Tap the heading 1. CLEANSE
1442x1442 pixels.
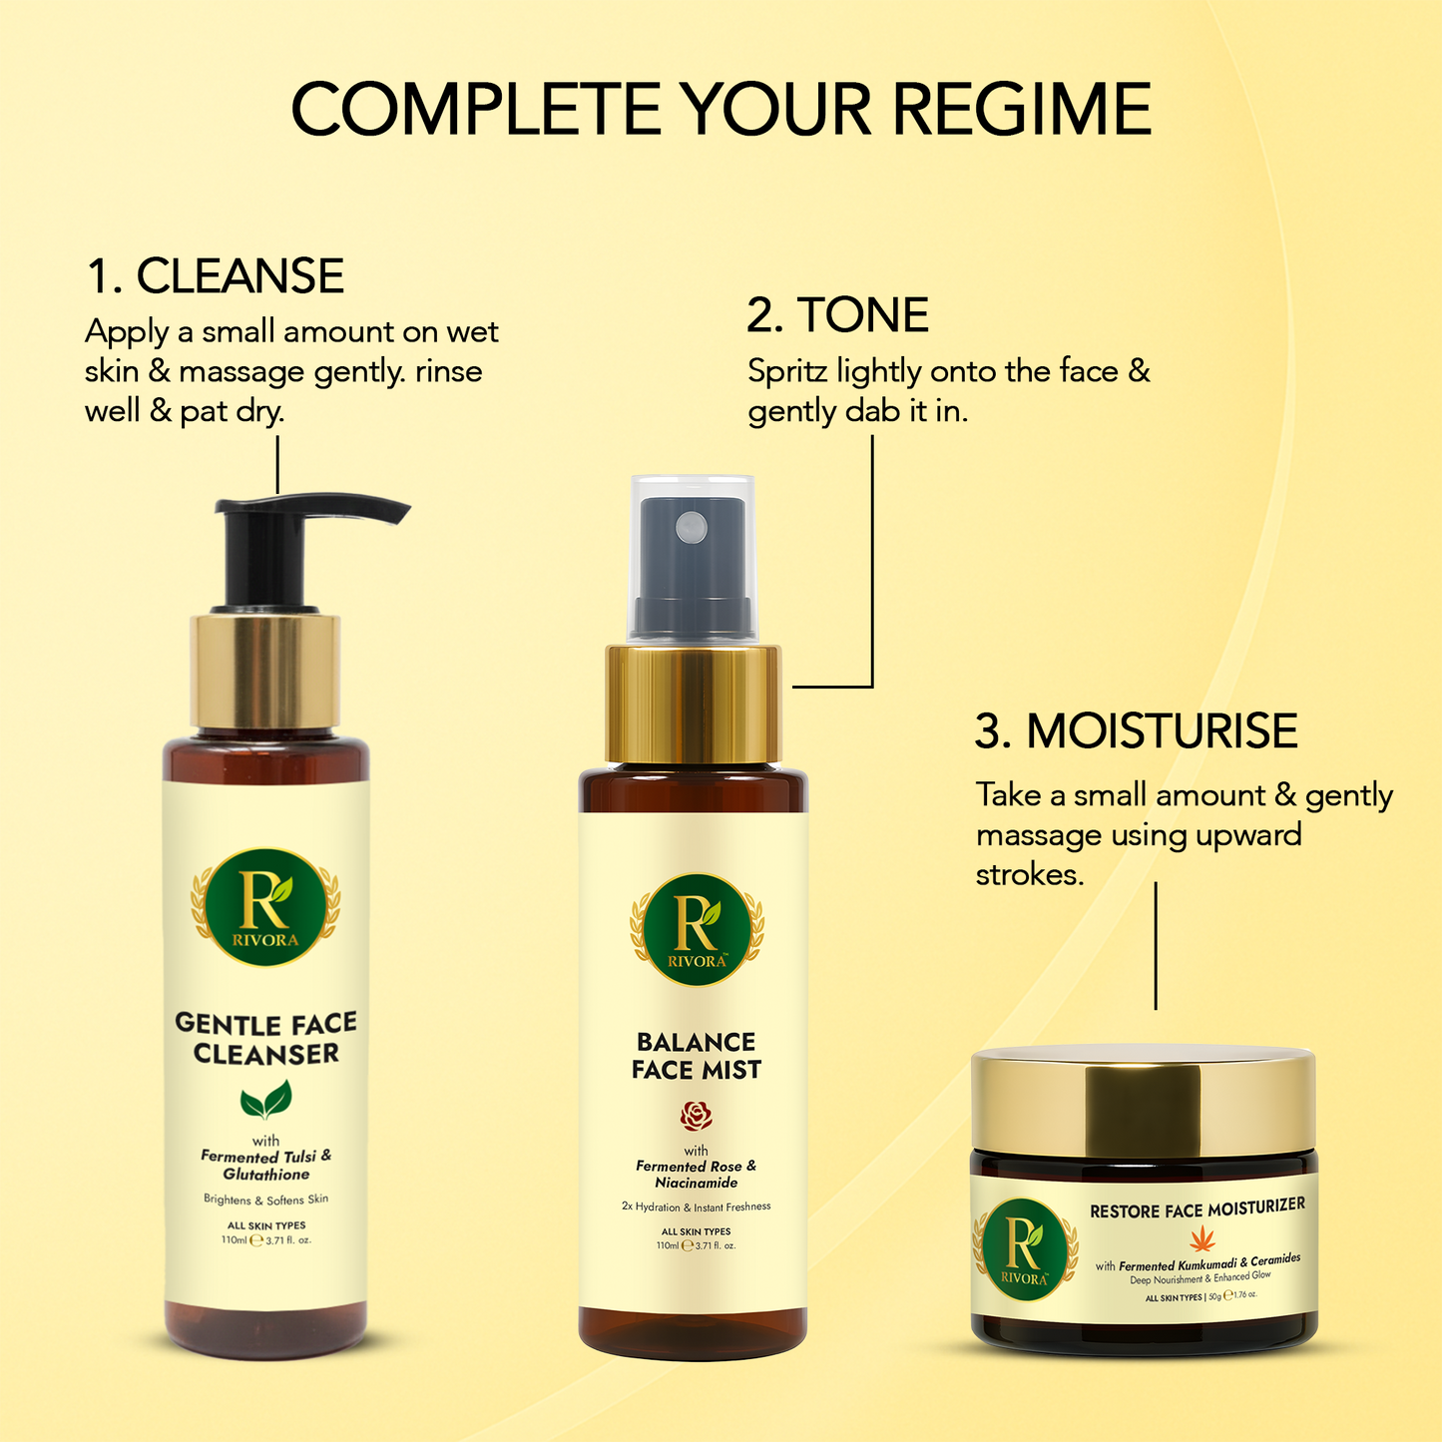pyautogui.click(x=215, y=276)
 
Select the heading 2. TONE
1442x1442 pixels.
pyautogui.click(x=837, y=315)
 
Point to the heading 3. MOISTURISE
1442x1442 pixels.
pyautogui.click(x=1136, y=731)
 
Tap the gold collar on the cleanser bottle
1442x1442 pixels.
pyautogui.click(x=265, y=672)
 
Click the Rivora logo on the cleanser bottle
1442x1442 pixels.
pyautogui.click(x=265, y=907)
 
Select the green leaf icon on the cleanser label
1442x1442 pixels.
pyautogui.click(x=265, y=1100)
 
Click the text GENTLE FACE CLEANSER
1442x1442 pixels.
pyautogui.click(x=265, y=1038)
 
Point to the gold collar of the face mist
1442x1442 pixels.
pyautogui.click(x=694, y=705)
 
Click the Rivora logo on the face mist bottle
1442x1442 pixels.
pyautogui.click(x=697, y=929)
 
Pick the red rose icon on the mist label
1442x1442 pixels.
pyautogui.click(x=696, y=1115)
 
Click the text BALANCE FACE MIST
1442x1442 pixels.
pyautogui.click(x=696, y=1056)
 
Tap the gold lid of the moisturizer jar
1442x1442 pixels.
pyautogui.click(x=1144, y=1099)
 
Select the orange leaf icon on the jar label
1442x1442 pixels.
pyautogui.click(x=1197, y=1240)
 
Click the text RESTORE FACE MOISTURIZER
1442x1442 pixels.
pyautogui.click(x=1197, y=1209)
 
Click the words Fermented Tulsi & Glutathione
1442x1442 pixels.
pyautogui.click(x=265, y=1166)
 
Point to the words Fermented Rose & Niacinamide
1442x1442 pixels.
pyautogui.click(x=696, y=1175)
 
